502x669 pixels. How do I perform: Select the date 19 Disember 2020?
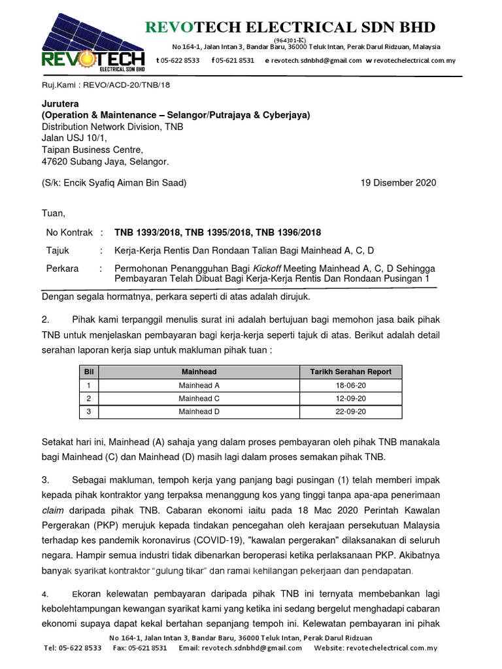pos(398,183)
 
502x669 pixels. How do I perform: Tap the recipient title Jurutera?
pos(60,104)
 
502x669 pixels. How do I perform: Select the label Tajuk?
pos(58,250)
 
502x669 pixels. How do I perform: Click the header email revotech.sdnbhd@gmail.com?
pos(316,60)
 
